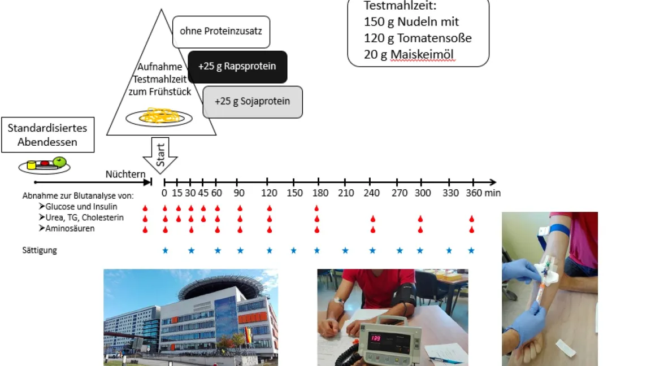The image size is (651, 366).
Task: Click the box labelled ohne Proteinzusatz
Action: click(x=221, y=31)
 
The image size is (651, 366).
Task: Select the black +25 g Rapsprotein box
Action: click(x=237, y=67)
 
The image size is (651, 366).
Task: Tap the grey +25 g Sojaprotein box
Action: click(x=253, y=102)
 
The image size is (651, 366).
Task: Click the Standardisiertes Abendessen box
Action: click(x=47, y=135)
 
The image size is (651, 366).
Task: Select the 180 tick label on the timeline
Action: click(x=320, y=193)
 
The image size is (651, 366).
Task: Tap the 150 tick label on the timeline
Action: click(x=294, y=193)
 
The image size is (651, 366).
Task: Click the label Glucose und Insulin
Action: click(x=81, y=207)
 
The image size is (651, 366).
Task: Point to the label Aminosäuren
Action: click(x=70, y=229)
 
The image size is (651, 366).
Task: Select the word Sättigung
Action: click(x=40, y=250)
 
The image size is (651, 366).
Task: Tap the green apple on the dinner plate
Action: click(x=59, y=162)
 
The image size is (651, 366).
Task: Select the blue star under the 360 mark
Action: click(x=471, y=250)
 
